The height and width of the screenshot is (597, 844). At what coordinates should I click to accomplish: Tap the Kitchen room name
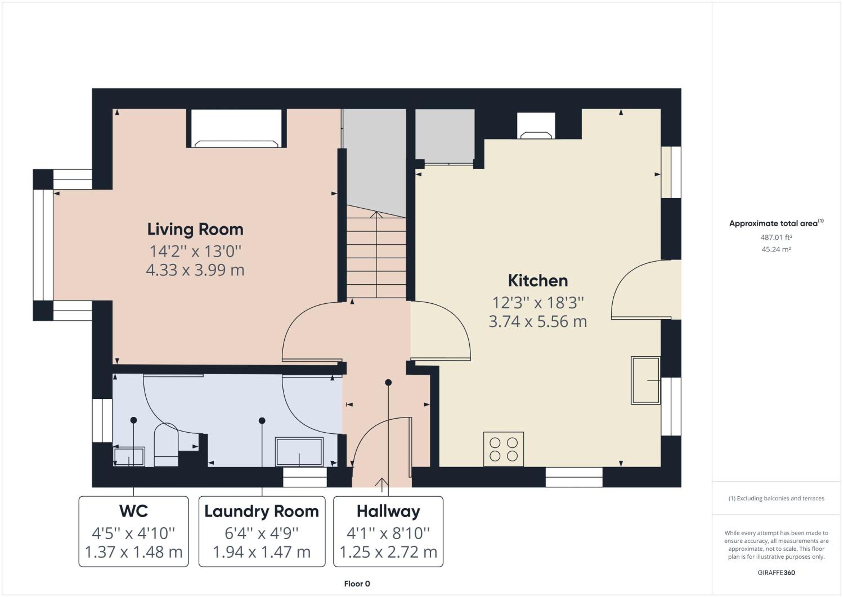click(x=538, y=281)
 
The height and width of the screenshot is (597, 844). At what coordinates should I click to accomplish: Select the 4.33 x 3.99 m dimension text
click(x=195, y=270)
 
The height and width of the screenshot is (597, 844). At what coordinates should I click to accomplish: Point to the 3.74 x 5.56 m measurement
click(x=538, y=322)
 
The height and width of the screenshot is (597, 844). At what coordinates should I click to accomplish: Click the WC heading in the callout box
click(x=133, y=511)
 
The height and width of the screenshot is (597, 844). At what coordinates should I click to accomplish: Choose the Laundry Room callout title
click(x=262, y=512)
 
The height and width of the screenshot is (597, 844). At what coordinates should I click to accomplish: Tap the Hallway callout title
click(x=388, y=512)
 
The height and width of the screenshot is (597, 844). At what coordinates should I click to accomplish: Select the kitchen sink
click(x=645, y=380)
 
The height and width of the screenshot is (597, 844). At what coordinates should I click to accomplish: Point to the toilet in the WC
click(x=166, y=445)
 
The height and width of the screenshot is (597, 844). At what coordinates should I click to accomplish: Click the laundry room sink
click(x=299, y=452)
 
